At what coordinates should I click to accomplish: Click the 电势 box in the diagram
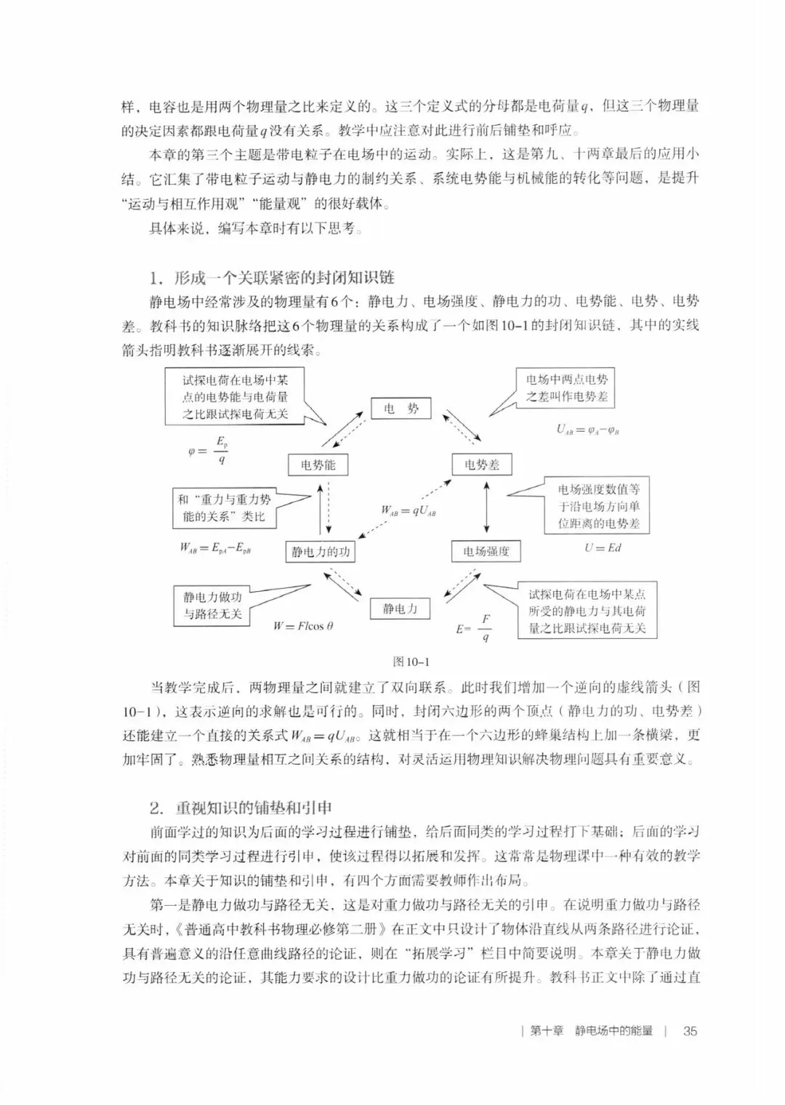[400, 409]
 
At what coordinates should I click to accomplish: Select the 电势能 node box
[318, 465]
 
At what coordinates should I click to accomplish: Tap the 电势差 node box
[482, 465]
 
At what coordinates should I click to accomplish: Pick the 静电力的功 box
[321, 552]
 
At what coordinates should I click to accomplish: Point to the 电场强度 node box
[486, 552]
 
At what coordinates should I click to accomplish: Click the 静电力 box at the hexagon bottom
[400, 608]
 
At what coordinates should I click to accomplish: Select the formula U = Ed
[603, 547]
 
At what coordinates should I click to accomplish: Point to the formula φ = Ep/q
[209, 451]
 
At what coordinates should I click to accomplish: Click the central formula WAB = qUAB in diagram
[408, 510]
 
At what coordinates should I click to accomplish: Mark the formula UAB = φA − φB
[588, 429]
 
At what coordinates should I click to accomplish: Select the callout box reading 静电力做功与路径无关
[212, 606]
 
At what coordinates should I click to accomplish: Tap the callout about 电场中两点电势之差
[566, 387]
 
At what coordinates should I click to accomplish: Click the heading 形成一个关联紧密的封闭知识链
[283, 278]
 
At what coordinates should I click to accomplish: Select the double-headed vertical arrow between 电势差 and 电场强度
[486, 507]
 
